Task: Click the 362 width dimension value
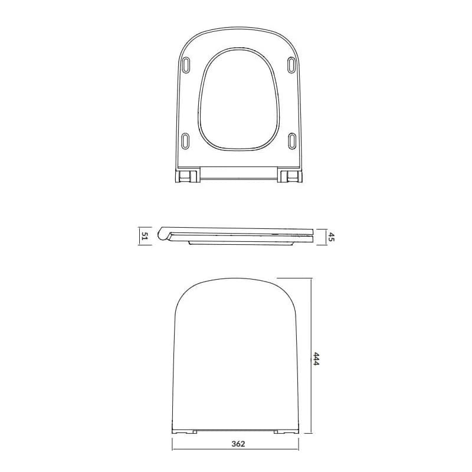[x=238, y=444]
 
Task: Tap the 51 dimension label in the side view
[x=145, y=237]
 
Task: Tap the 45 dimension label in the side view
[x=331, y=237]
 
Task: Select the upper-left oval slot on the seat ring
[x=186, y=65]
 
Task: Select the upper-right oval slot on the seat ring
[x=291, y=65]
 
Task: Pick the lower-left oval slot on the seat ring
[x=186, y=140]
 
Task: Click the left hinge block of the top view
[x=188, y=176]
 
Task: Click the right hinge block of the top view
[x=290, y=176]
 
